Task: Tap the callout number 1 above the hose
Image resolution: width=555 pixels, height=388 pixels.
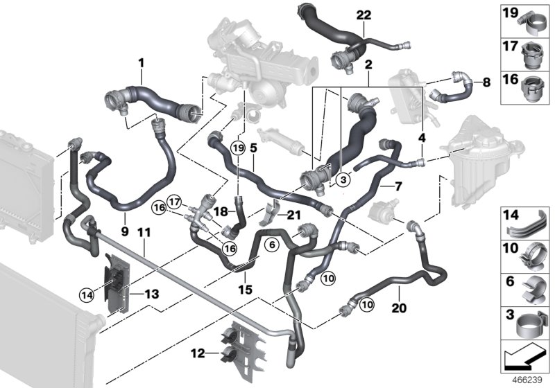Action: pos(141,63)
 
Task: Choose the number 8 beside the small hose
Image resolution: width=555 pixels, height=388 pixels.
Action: pos(486,82)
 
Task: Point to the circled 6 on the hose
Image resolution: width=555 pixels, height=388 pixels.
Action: pos(272,243)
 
